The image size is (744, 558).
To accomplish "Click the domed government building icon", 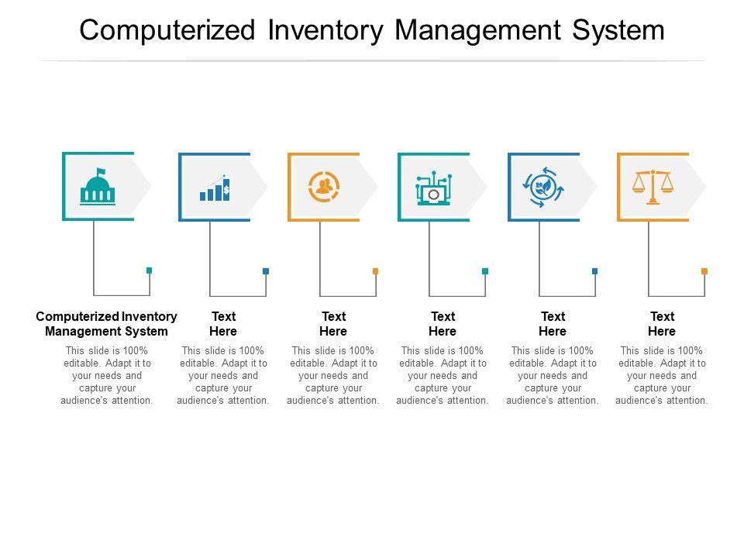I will (x=97, y=188).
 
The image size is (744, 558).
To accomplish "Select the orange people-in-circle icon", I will (x=324, y=187).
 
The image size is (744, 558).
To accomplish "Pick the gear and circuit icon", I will (x=434, y=188).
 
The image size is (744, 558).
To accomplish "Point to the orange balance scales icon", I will (x=653, y=187).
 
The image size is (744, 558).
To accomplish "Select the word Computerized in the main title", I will (x=168, y=30).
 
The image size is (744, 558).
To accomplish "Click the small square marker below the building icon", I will (x=150, y=270).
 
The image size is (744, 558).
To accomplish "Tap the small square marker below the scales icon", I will (x=704, y=270).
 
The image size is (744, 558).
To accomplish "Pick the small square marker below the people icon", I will (x=375, y=270).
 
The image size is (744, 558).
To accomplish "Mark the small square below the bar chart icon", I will (x=266, y=270).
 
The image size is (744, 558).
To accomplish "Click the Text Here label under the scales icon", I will (x=662, y=323).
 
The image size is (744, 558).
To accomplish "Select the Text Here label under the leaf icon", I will (x=553, y=323).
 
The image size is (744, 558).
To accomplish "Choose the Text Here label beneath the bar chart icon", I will (x=223, y=323).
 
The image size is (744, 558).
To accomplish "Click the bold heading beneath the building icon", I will (x=107, y=323).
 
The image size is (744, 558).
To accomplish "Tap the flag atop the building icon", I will (x=101, y=171).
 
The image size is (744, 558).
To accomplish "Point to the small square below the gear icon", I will (x=485, y=270).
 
